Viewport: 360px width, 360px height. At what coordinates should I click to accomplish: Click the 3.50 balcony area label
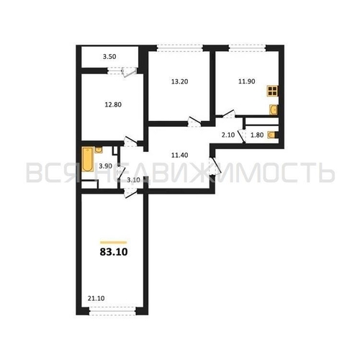point(109,55)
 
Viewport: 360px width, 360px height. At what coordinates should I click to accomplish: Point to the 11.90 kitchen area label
point(247,81)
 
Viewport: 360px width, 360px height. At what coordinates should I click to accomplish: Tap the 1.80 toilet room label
point(256,135)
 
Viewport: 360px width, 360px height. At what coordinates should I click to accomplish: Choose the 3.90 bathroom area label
point(105,166)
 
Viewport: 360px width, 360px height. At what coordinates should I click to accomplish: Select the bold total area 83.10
point(114,253)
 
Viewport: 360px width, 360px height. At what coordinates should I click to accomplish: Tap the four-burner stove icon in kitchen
point(273,91)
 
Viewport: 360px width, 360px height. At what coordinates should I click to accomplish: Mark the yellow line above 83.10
point(114,241)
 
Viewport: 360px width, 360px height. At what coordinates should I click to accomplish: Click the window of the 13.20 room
point(179,48)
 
